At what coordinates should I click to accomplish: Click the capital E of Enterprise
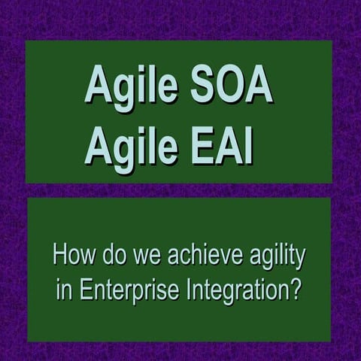click(80, 290)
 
